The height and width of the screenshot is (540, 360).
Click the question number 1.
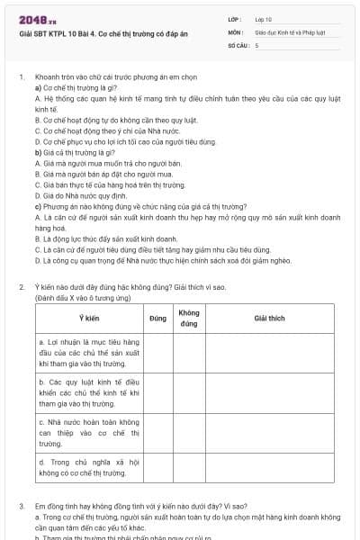coord(21,78)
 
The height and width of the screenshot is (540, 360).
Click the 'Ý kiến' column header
coord(88,318)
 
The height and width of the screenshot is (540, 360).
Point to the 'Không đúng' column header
coord(189,318)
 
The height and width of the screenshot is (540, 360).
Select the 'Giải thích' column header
coord(269,318)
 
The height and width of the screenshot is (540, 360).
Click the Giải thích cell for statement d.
coord(269,468)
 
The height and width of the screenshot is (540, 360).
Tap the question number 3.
coord(21,507)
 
